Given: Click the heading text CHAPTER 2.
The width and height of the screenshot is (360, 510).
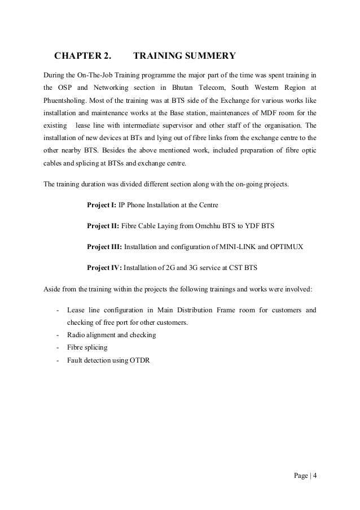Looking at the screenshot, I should point(82,56).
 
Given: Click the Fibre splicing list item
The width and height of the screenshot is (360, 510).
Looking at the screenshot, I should point(86,348).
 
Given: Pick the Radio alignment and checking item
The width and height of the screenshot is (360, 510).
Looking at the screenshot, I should point(111,335).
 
